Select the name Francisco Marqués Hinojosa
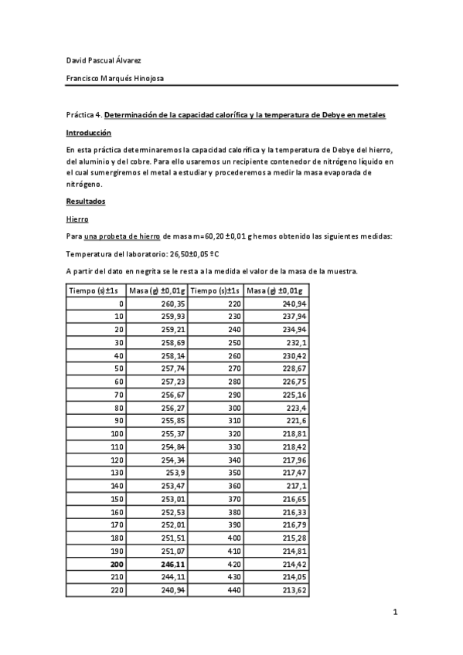pos(114,77)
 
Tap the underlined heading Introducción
pos(89,133)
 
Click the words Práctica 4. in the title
pos(83,115)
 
